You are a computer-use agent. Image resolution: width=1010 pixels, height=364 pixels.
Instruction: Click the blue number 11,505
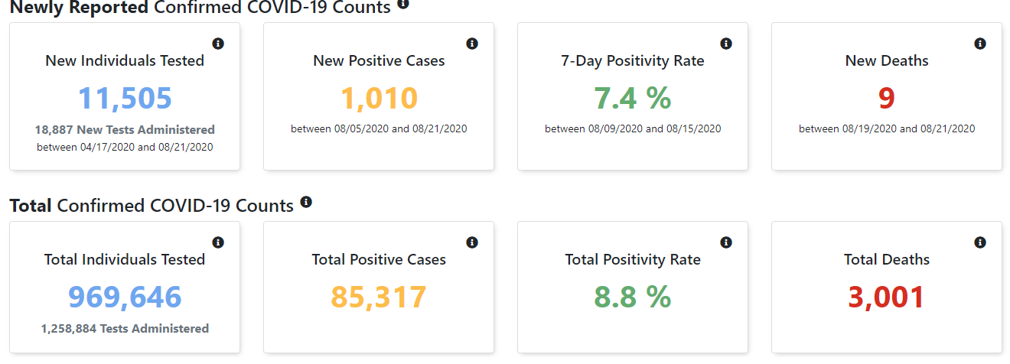click(x=125, y=98)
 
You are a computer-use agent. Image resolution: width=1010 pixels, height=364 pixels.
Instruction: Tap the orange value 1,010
click(x=379, y=98)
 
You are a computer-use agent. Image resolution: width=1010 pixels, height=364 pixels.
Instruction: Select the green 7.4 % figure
click(x=633, y=98)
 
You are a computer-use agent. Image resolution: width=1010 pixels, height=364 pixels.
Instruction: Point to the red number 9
click(x=887, y=98)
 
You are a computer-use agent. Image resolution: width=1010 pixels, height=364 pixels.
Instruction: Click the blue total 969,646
click(x=125, y=297)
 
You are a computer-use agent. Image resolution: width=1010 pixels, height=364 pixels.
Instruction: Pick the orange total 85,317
click(x=379, y=297)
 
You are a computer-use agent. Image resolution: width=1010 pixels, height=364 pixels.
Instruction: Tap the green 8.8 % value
click(x=633, y=297)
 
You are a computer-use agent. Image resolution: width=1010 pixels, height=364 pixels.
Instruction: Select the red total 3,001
click(x=887, y=297)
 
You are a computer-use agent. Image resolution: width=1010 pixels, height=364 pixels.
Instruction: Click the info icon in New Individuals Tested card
click(x=218, y=44)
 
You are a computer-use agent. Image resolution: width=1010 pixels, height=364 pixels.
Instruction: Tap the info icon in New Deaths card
click(x=980, y=44)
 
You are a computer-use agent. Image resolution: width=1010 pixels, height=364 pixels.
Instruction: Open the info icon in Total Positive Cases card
click(x=472, y=242)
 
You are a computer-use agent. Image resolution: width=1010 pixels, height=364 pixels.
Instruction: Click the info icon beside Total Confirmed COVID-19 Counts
click(x=306, y=203)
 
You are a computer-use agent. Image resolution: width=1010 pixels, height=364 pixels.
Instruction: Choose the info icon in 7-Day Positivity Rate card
click(x=726, y=44)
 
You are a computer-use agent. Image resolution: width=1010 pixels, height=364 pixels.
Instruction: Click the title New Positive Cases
click(x=379, y=61)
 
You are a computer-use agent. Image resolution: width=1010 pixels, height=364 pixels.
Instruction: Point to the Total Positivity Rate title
click(x=633, y=260)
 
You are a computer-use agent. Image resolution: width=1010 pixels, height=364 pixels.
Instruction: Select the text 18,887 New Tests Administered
click(x=125, y=130)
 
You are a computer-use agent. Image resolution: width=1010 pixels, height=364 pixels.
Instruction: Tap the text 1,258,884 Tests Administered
click(x=125, y=329)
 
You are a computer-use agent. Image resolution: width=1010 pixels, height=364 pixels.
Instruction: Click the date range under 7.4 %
click(x=633, y=129)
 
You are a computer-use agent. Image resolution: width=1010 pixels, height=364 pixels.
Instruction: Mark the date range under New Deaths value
click(x=887, y=129)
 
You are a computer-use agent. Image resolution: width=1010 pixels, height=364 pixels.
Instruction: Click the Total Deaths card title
click(x=887, y=260)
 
